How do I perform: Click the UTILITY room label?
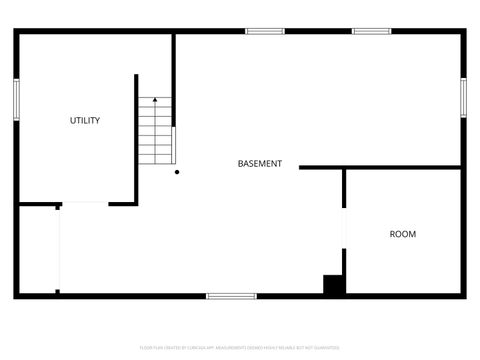(x=84, y=121)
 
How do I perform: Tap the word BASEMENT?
(x=259, y=164)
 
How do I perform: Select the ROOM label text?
(x=402, y=234)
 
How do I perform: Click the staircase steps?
(x=155, y=135)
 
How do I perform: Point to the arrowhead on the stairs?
(x=155, y=99)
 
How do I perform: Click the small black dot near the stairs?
(x=177, y=172)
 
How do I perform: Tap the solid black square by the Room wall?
(x=334, y=285)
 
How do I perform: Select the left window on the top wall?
(x=265, y=31)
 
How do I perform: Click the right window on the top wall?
(x=371, y=31)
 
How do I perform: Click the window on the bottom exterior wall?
(x=231, y=295)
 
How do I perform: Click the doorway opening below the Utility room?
(x=84, y=204)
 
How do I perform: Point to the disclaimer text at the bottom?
(x=240, y=347)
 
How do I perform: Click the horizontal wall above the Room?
(x=380, y=167)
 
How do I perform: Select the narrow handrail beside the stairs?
(x=174, y=145)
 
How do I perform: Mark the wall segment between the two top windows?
(x=318, y=31)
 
